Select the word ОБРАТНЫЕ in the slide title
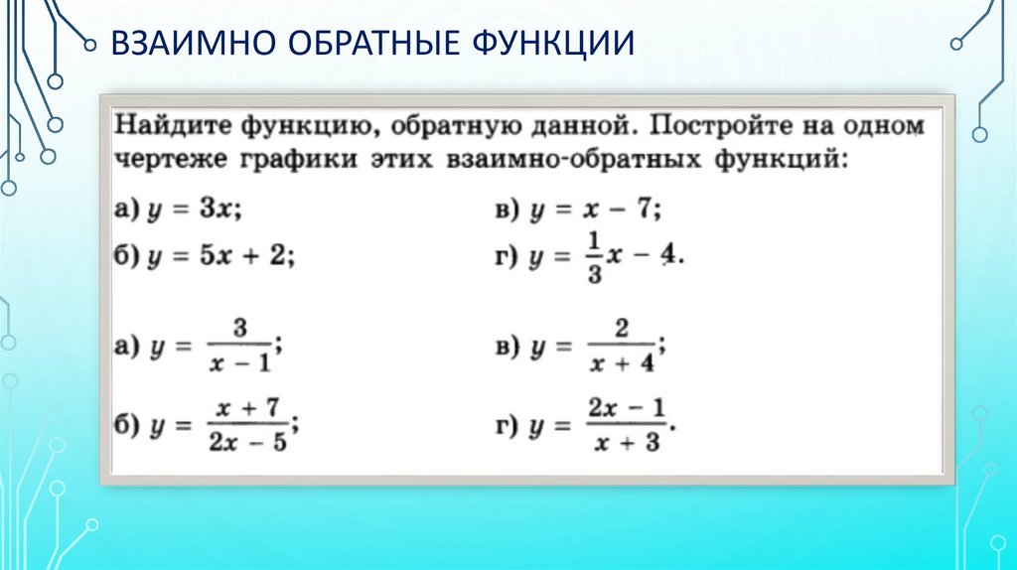[365, 45]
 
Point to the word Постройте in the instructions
[722, 127]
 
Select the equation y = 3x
[193, 210]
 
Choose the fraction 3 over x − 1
[238, 346]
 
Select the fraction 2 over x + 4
[620, 346]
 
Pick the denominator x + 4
[620, 362]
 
